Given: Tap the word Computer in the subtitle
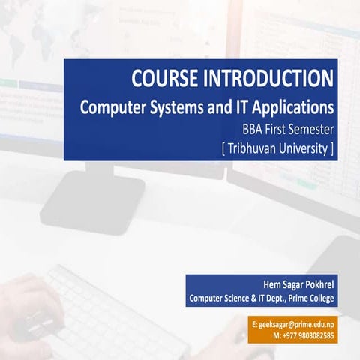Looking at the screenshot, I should point(112,106).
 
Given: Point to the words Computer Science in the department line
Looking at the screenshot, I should point(222,298).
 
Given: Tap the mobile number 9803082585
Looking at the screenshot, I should point(315,337).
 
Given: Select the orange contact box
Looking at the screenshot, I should point(293,331).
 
